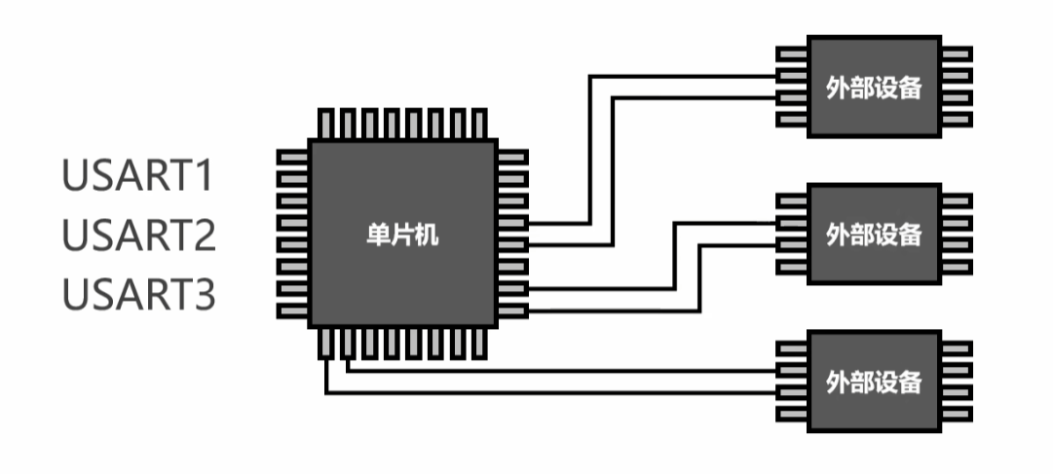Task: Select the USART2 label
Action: [x=138, y=236]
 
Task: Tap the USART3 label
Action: [x=138, y=294]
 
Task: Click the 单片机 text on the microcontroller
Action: [x=406, y=235]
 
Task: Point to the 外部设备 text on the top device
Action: [x=873, y=87]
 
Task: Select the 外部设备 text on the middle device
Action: [x=873, y=235]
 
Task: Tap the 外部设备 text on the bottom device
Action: [x=873, y=380]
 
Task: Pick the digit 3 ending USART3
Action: [x=202, y=294]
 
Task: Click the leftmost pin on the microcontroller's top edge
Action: [x=327, y=123]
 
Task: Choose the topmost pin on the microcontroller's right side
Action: [x=513, y=157]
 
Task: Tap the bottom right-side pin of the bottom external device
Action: [x=957, y=417]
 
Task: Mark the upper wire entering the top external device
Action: [x=682, y=76]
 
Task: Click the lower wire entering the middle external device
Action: [x=740, y=244]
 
